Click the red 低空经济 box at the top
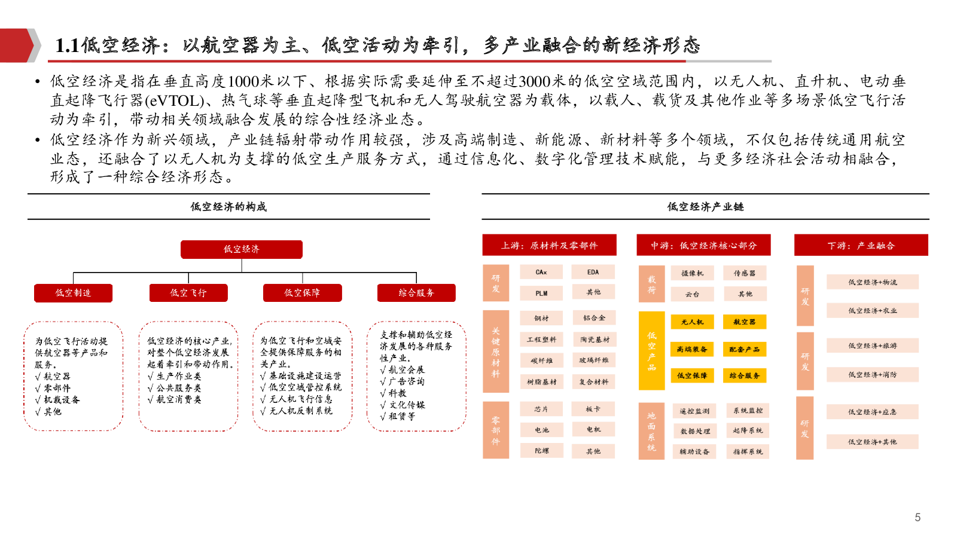242,249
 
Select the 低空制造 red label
74,293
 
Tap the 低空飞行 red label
188,293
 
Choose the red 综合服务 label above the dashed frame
416,293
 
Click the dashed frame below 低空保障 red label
303,376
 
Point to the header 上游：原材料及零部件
549,245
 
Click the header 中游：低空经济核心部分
703,245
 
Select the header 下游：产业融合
861,245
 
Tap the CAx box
541,272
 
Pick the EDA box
593,272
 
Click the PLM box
541,293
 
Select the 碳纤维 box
542,360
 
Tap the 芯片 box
541,409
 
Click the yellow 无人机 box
693,322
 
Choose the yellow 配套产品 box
745,349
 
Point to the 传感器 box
745,273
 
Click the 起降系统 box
748,430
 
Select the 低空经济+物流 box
873,282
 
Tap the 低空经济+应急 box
872,412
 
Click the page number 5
918,517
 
